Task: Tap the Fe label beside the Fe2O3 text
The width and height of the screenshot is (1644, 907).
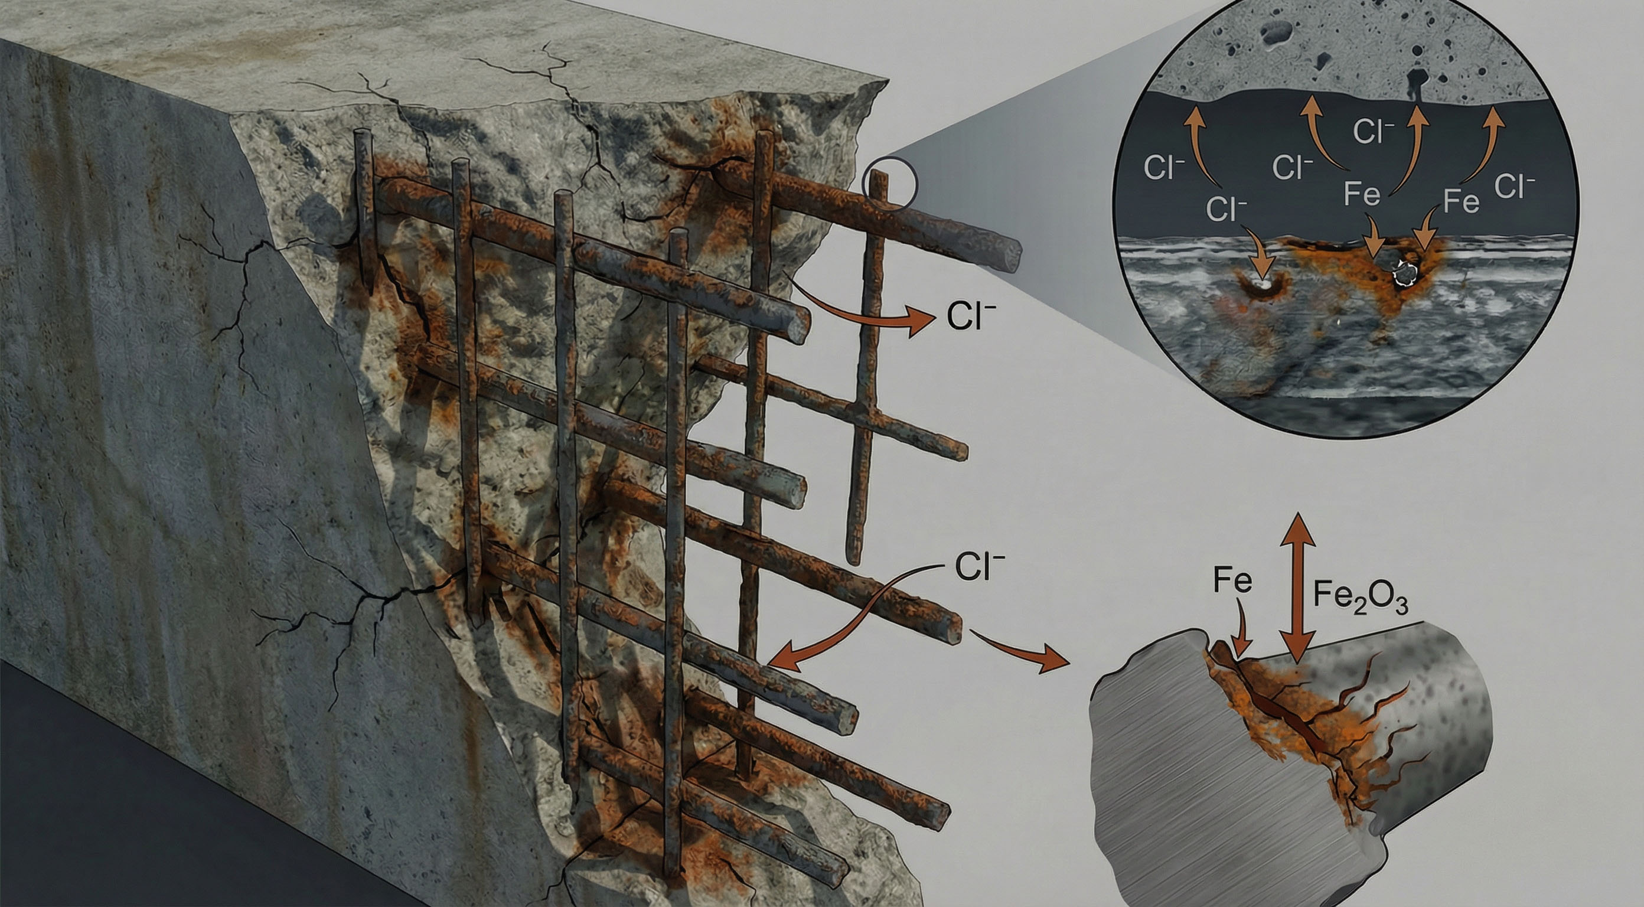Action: coord(1232,582)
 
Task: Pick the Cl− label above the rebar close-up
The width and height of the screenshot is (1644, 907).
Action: coord(978,567)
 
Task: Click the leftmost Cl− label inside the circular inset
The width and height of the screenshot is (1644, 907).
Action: coord(1164,167)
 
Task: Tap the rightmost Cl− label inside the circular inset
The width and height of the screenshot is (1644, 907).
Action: coord(1515,187)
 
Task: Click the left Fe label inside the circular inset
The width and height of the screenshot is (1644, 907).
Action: coord(1362,194)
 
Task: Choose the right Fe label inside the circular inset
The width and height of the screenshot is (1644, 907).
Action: coord(1461,203)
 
